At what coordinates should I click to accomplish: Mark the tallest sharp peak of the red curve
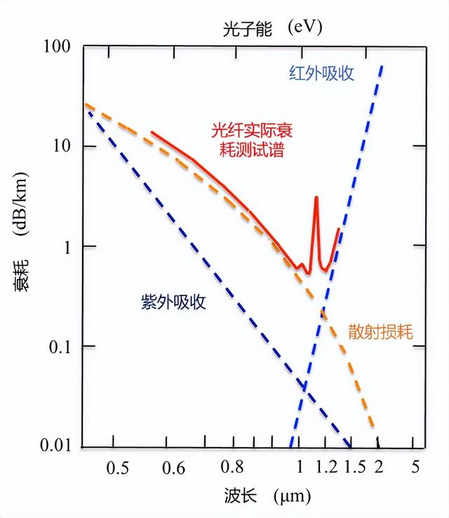coord(316,198)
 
